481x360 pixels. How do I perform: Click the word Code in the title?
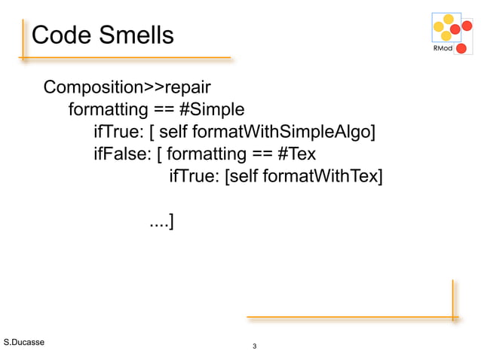[60, 35]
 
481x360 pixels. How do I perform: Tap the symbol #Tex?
[297, 155]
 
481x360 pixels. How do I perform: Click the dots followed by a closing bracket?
[161, 221]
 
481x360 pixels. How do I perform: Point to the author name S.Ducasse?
[24, 343]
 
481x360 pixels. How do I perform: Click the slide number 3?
[255, 347]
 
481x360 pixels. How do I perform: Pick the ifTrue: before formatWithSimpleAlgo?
[118, 133]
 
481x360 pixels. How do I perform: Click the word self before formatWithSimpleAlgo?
[174, 133]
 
